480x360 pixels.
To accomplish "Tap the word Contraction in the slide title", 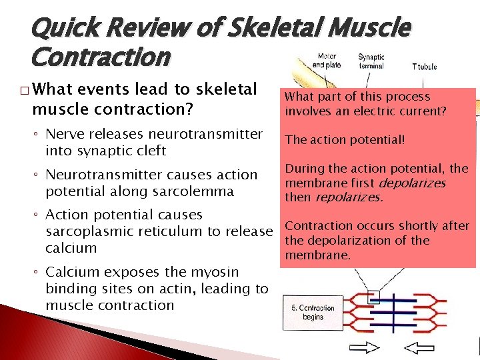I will [101, 58].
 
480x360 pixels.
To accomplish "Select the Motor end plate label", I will [327, 61].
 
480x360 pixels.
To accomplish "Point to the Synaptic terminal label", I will [371, 61].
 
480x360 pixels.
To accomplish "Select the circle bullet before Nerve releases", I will [37, 135].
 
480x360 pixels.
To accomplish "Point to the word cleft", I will [148, 151].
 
